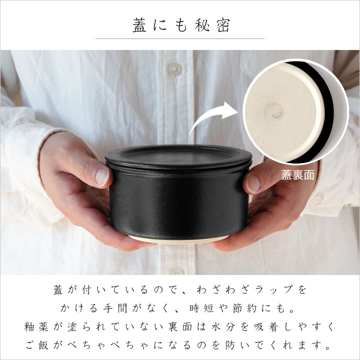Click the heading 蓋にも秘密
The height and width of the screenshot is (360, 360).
click(x=181, y=25)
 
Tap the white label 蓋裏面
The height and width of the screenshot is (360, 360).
click(x=297, y=175)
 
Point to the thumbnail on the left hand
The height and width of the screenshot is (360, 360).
click(x=102, y=176)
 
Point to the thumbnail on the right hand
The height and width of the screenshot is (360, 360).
click(x=252, y=183)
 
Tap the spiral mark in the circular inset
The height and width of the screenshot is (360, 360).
click(x=274, y=112)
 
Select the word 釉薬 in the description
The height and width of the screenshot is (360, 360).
click(x=36, y=326)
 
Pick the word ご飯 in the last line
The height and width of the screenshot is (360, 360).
click(x=37, y=345)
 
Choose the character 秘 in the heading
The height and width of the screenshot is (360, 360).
click(x=202, y=25)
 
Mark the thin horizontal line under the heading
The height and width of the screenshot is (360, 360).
click(x=180, y=38)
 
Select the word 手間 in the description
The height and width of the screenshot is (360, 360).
click(x=114, y=308)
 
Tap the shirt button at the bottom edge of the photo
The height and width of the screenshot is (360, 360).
click(x=177, y=272)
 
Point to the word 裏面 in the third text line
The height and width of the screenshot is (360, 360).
click(x=180, y=326)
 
